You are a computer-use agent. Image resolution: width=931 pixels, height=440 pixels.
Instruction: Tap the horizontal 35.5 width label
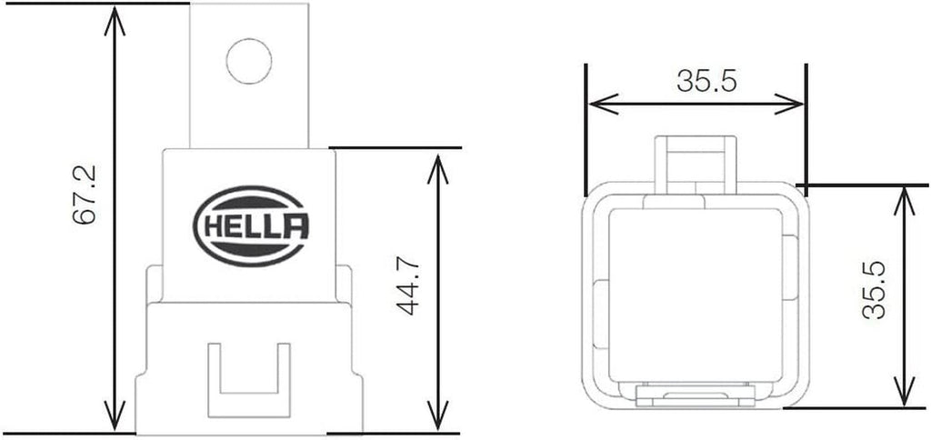(706, 81)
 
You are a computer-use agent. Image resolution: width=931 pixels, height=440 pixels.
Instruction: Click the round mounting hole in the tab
(249, 61)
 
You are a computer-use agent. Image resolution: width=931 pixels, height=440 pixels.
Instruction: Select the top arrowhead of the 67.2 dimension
(113, 18)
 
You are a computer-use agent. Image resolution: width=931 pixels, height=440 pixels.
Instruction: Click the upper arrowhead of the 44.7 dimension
(438, 164)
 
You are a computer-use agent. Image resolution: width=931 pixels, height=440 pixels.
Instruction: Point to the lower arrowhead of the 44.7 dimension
(438, 418)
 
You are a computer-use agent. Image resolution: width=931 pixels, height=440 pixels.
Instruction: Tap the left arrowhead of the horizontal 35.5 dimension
(596, 104)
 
